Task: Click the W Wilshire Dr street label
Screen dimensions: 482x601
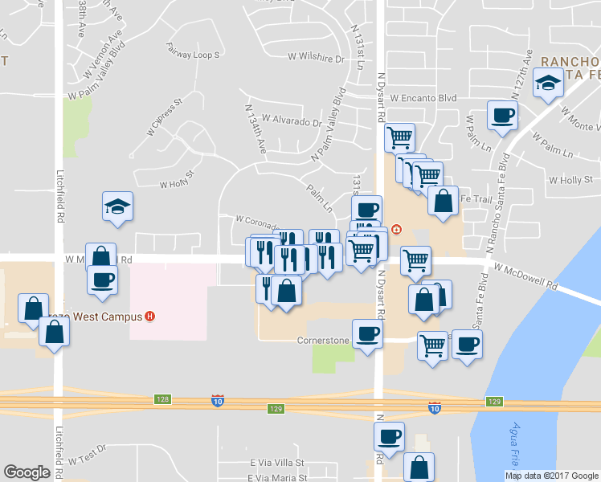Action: point(316,58)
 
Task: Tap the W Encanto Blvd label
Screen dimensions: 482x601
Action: point(423,98)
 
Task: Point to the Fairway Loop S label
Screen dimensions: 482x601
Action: point(193,55)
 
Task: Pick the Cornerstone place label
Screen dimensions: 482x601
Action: point(323,341)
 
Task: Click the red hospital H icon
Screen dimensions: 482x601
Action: point(149,317)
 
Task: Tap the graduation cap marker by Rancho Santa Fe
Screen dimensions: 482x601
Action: point(549,84)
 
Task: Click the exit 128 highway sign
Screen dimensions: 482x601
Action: point(163,399)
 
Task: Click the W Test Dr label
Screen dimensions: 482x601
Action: point(87,455)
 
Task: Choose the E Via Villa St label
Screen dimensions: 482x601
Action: point(277,464)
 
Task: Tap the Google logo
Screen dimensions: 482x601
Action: point(27,472)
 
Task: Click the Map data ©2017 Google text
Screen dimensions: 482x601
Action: point(551,476)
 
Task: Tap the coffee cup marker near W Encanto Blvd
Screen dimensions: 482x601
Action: point(503,116)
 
